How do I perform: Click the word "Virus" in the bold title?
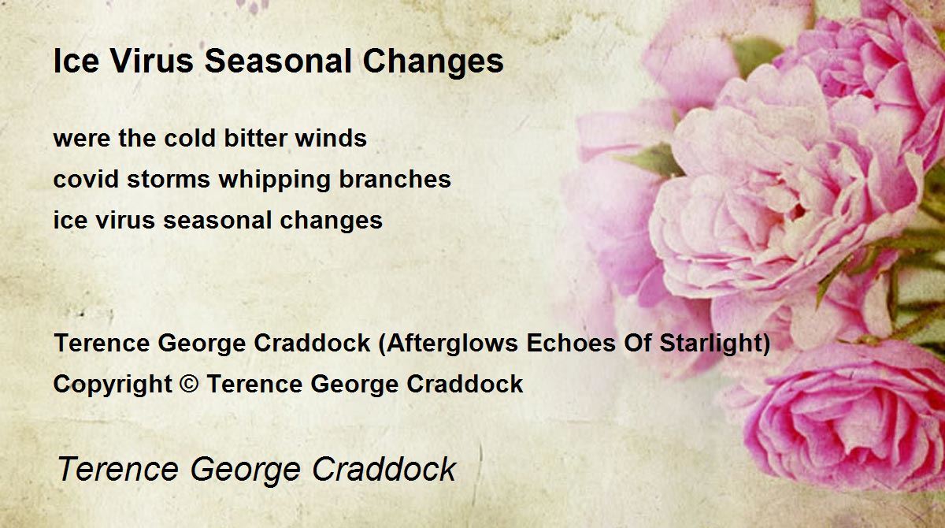tap(152, 61)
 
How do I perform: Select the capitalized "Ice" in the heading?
tap(76, 61)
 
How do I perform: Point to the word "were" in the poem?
tap(82, 139)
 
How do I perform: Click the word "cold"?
tap(190, 138)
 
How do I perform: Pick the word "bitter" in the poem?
tap(255, 138)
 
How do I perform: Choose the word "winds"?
tap(331, 138)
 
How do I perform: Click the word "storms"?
tap(169, 180)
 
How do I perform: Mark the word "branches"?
tap(395, 179)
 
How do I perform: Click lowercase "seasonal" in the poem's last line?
tap(217, 219)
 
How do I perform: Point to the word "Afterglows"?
tap(452, 344)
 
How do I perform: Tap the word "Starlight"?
tap(710, 344)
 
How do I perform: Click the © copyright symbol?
tap(189, 384)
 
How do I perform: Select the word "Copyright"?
tap(113, 385)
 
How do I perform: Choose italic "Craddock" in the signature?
tap(384, 468)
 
